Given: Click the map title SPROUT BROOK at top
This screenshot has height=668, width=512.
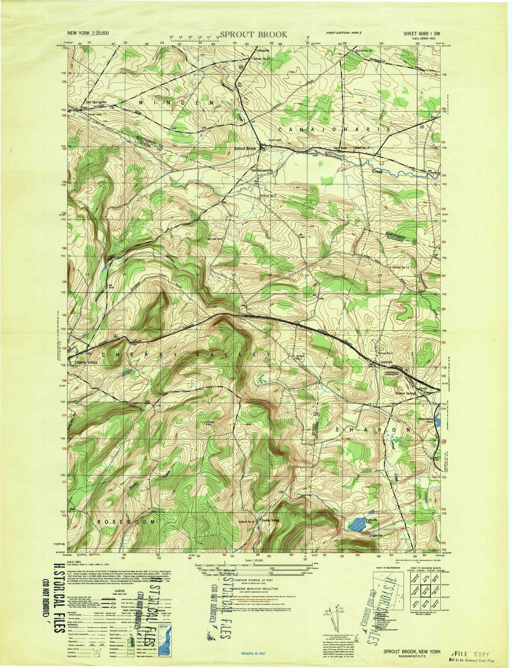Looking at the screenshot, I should click(253, 34).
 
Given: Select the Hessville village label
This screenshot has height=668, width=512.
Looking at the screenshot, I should click(263, 51).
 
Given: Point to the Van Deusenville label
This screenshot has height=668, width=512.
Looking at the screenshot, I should click(262, 171).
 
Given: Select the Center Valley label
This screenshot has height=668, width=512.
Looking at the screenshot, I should click(270, 520).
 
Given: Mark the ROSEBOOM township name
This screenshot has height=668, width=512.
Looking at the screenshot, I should click(126, 522).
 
